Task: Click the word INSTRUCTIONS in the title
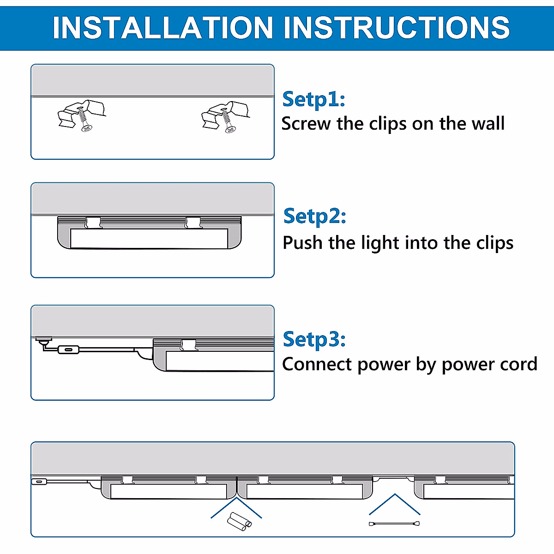(397, 28)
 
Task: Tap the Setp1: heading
(313, 99)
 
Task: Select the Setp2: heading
(314, 216)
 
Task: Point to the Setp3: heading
(314, 339)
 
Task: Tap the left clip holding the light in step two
(93, 223)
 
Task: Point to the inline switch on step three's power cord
(68, 350)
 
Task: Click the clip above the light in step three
(188, 344)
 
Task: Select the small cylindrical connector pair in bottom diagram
(239, 521)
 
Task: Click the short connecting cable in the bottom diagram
(394, 524)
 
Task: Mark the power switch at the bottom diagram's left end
(39, 482)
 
